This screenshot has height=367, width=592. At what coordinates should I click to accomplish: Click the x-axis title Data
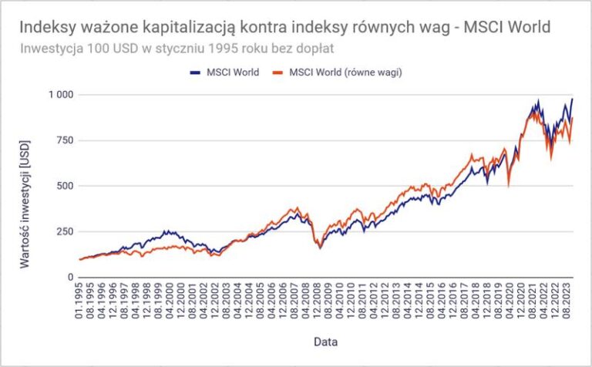pos(324,340)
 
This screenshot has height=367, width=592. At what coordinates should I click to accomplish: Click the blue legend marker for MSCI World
pos(194,72)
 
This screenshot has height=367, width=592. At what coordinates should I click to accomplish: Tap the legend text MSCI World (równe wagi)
pos(345,72)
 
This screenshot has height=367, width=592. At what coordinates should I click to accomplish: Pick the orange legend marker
pos(276,72)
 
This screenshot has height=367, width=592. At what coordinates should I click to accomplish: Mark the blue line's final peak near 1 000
pos(573,99)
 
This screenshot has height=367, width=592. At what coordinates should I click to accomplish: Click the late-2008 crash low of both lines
pos(319,247)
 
